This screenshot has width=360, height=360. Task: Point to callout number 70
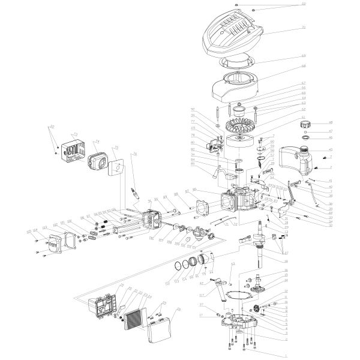[304, 28]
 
